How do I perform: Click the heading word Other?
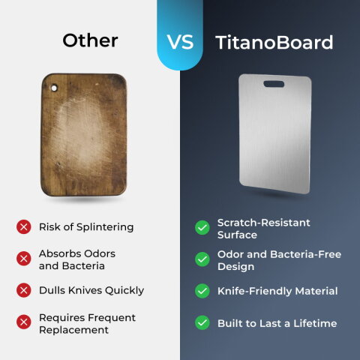pyautogui.click(x=89, y=40)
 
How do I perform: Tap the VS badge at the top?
pyautogui.click(x=180, y=41)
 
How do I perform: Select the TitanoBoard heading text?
pyautogui.click(x=274, y=42)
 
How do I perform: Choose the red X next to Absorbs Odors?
pyautogui.click(x=24, y=259)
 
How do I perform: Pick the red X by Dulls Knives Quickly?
pyautogui.click(x=24, y=290)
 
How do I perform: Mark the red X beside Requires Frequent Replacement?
pyautogui.click(x=24, y=323)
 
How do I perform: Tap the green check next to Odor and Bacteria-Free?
pyautogui.click(x=202, y=259)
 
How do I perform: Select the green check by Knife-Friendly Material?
pyautogui.click(x=202, y=291)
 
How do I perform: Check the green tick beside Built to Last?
pyautogui.click(x=202, y=323)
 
